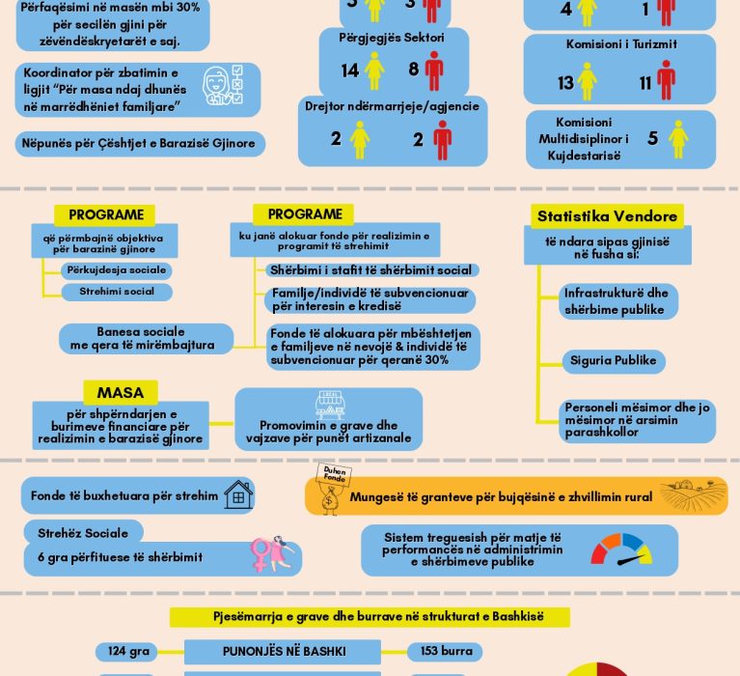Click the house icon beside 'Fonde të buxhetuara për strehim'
(238, 495)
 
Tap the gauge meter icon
(621, 549)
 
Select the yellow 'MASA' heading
(121, 393)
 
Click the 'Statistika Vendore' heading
(607, 216)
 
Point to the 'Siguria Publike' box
(613, 360)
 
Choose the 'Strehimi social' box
(117, 292)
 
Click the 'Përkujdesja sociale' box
(117, 270)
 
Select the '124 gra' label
(129, 651)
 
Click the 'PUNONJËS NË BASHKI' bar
(284, 651)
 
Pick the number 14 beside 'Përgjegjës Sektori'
(349, 70)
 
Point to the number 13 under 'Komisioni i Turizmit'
(565, 83)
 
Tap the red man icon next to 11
(666, 80)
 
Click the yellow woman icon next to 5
(679, 139)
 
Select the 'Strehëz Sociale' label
(83, 531)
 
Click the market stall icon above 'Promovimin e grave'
(330, 404)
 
